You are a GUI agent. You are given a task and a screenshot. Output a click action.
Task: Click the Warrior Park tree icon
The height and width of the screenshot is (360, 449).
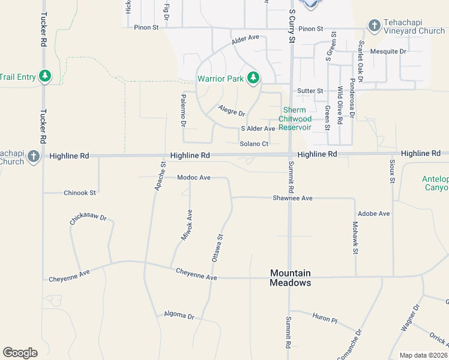pyautogui.click(x=254, y=78)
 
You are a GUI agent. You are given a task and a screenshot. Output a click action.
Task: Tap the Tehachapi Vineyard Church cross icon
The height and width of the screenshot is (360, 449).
pyautogui.click(x=375, y=26)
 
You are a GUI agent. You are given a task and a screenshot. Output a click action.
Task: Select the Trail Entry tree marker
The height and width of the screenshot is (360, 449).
pyautogui.click(x=44, y=76)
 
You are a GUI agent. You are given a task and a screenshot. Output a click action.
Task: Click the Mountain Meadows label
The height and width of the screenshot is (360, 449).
pyautogui.click(x=290, y=278)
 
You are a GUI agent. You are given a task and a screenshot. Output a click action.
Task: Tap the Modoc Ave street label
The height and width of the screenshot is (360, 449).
pyautogui.click(x=193, y=178)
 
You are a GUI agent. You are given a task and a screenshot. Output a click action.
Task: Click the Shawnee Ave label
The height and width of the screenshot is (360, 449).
pyautogui.click(x=292, y=198)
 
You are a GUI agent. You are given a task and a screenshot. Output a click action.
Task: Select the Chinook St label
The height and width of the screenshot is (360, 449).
pyautogui.click(x=80, y=193)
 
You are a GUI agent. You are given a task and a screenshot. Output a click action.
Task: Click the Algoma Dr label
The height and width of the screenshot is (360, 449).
pyautogui.click(x=179, y=316)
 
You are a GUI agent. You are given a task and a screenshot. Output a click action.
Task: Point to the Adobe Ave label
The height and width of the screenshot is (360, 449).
pyautogui.click(x=373, y=214)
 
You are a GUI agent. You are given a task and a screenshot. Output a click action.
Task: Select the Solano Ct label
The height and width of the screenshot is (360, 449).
pyautogui.click(x=253, y=143)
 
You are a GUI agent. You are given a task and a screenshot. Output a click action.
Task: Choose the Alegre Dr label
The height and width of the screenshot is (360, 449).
pyautogui.click(x=232, y=111)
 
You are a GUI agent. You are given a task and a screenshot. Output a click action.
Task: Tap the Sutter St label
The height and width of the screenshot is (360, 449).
pyautogui.click(x=310, y=91)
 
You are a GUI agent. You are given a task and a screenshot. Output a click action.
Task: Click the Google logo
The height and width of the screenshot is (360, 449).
pyautogui.click(x=20, y=353)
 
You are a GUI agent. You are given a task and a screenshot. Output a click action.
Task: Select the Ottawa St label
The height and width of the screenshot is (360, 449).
pyautogui.click(x=217, y=247)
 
